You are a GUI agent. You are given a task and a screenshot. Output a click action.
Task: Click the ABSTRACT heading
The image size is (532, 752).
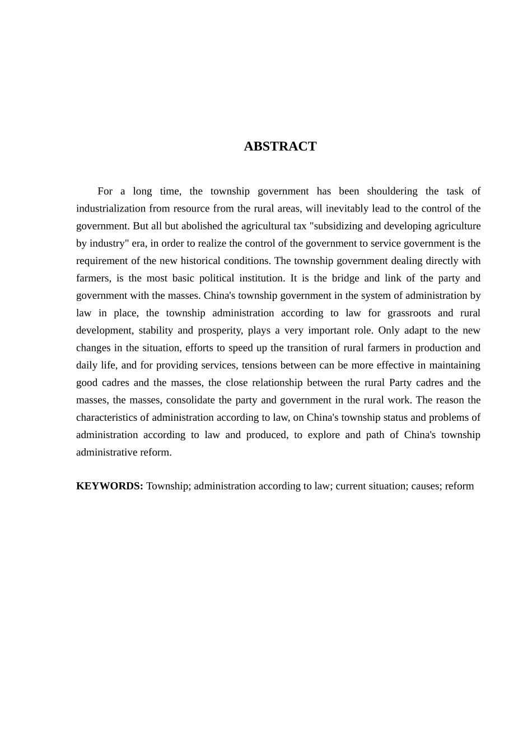[280, 147]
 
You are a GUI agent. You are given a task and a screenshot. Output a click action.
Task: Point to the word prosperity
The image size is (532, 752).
[220, 330]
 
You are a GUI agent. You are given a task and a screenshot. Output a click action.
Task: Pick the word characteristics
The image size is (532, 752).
[106, 417]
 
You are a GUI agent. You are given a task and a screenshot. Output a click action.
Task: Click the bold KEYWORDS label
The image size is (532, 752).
[110, 486]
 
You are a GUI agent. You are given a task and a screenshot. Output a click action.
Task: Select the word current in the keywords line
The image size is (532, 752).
[352, 486]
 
